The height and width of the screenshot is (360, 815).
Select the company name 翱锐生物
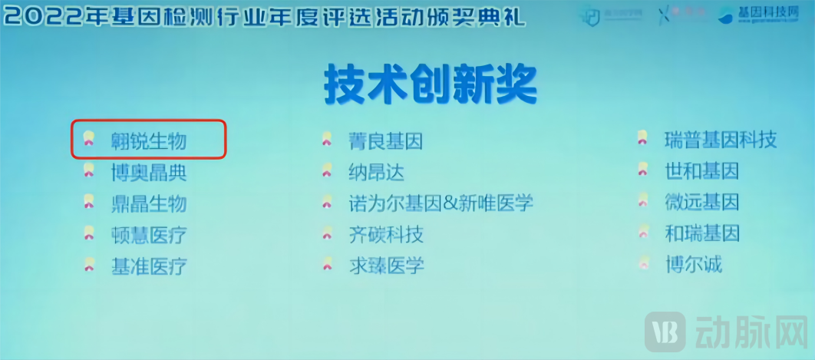(148, 140)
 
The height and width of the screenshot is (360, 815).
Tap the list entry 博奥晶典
(148, 172)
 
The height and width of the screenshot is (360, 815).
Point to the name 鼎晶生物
(148, 203)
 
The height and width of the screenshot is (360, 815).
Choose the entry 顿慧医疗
(148, 234)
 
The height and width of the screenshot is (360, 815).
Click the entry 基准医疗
(148, 266)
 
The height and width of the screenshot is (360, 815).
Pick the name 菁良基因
(384, 141)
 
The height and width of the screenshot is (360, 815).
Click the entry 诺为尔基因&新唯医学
(440, 203)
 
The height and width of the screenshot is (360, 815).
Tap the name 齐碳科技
(385, 234)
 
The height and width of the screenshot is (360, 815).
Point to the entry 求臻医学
(385, 266)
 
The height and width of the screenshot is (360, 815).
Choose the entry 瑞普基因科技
(720, 140)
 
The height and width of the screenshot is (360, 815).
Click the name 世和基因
(701, 170)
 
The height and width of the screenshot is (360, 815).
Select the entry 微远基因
(701, 202)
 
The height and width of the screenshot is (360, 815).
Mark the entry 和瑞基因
(701, 233)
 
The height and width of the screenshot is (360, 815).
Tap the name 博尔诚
(693, 265)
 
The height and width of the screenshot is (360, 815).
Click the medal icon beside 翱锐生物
(89, 139)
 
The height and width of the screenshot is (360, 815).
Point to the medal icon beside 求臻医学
(327, 265)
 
